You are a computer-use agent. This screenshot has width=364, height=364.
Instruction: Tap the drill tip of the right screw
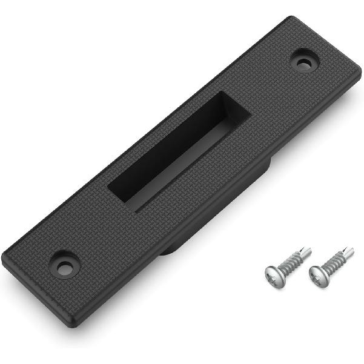click(349, 251)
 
